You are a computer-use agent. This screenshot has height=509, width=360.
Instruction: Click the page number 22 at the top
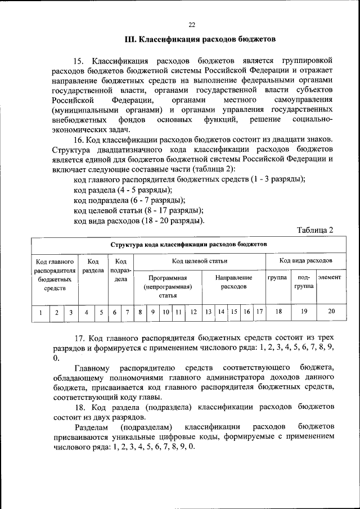tap(191, 25)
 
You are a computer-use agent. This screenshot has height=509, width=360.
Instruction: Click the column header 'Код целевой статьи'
tap(199, 261)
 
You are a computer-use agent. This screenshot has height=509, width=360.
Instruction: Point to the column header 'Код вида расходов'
tap(305, 261)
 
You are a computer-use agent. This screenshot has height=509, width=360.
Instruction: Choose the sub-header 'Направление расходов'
tap(234, 282)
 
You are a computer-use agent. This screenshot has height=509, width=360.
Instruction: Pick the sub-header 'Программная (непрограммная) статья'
tap(168, 286)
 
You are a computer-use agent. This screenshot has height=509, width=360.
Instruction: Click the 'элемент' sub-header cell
tap(329, 278)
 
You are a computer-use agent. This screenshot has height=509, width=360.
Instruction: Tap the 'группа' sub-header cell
tap(277, 278)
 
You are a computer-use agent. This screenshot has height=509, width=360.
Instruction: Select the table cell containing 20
tap(331, 311)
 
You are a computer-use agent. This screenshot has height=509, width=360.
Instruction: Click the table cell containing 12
tap(192, 311)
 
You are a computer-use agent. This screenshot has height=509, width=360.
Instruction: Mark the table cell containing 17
tap(259, 311)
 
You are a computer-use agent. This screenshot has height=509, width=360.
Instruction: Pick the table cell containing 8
tap(140, 311)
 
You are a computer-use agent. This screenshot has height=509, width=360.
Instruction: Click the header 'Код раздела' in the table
tap(93, 266)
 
